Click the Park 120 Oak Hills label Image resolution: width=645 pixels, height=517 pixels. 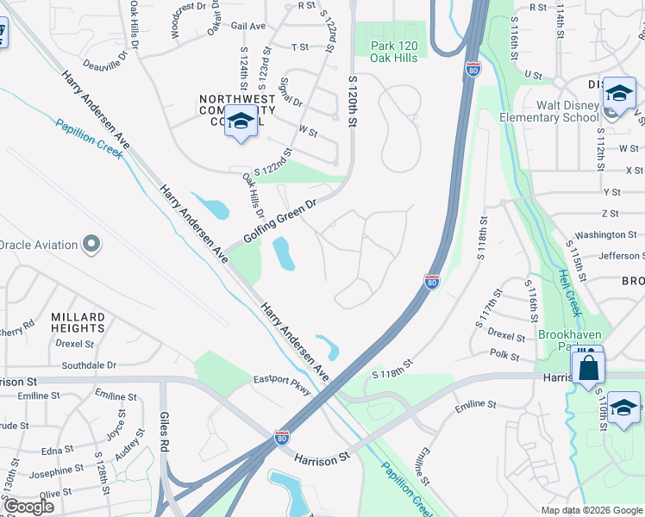393,52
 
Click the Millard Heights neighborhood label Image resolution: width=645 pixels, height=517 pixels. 78,323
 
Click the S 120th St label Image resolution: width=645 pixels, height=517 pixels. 352,101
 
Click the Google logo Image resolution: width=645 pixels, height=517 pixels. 29,507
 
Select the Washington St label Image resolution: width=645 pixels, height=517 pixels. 605,234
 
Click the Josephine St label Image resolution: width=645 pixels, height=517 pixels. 55,471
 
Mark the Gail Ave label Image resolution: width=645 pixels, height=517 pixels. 248,26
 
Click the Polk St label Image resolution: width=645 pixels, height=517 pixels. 504,356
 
